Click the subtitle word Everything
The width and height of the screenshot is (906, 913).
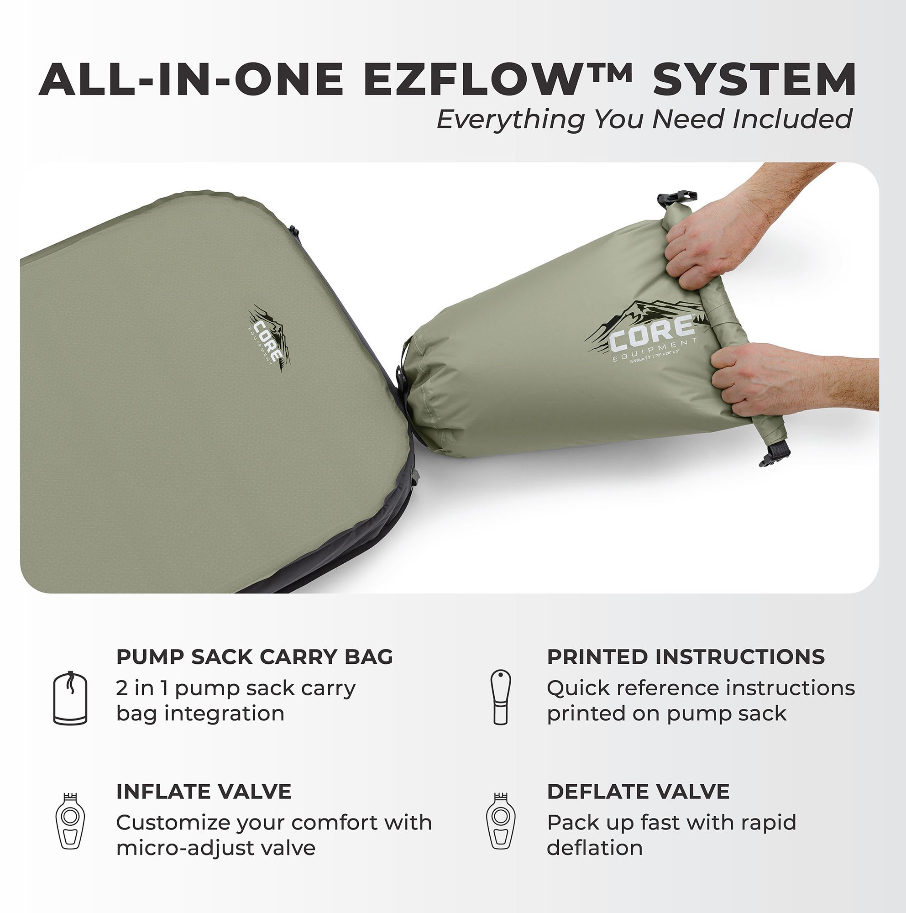(511, 119)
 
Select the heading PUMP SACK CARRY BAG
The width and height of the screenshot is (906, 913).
(254, 657)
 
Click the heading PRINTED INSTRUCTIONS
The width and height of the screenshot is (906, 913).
(686, 657)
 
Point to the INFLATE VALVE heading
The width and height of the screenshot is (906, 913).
(204, 792)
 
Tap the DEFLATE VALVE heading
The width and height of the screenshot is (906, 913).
(638, 792)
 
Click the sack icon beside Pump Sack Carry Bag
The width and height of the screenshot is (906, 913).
(70, 698)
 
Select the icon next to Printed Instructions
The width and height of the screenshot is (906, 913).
(501, 698)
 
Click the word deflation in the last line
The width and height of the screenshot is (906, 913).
(595, 848)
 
